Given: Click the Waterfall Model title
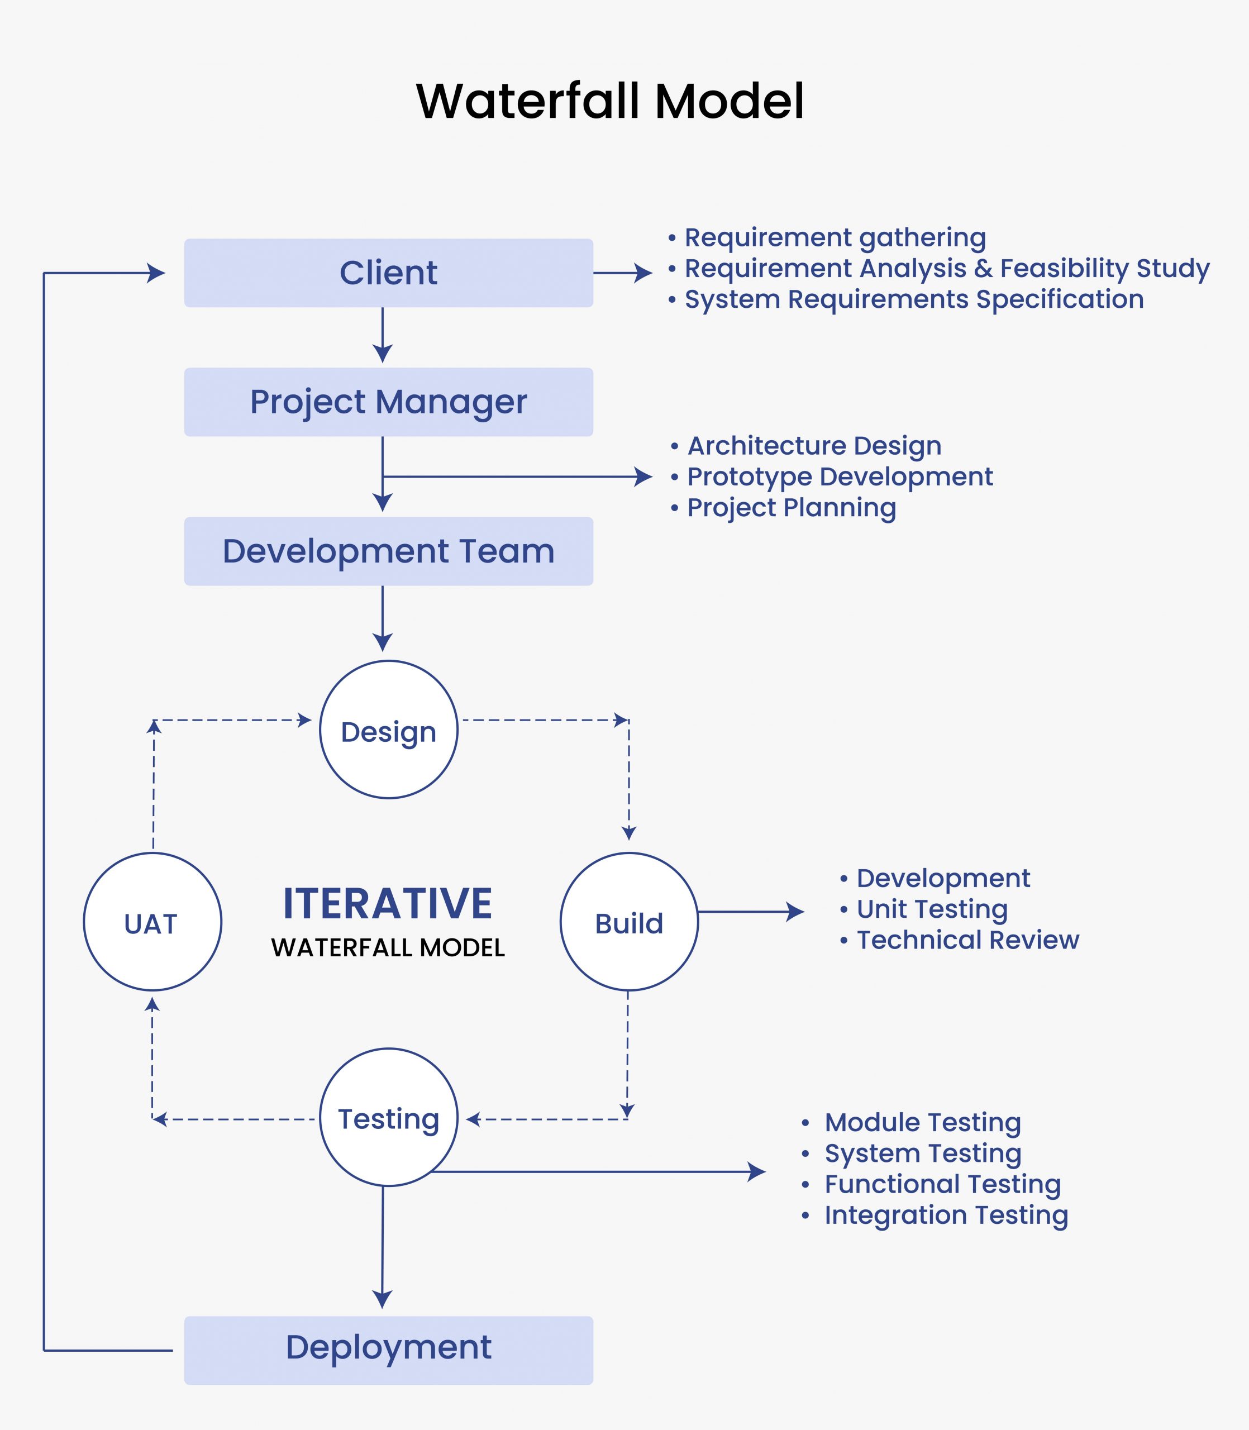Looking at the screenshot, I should coord(610,102).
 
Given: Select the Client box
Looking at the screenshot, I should coord(388,273).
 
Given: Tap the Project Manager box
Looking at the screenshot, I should coord(388,402).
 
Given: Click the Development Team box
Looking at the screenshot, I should coord(388,551).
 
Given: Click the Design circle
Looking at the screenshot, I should coord(388,730).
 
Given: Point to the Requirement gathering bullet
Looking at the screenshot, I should coord(835,237).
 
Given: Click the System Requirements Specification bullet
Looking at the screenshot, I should coord(913,299).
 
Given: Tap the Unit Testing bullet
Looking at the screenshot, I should coord(931,909).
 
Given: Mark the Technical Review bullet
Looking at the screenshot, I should coord(967,940).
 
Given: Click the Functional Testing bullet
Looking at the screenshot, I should coord(942,1184).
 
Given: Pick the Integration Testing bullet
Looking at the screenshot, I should coord(945,1215).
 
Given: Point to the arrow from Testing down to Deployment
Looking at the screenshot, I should coord(382,1247).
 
